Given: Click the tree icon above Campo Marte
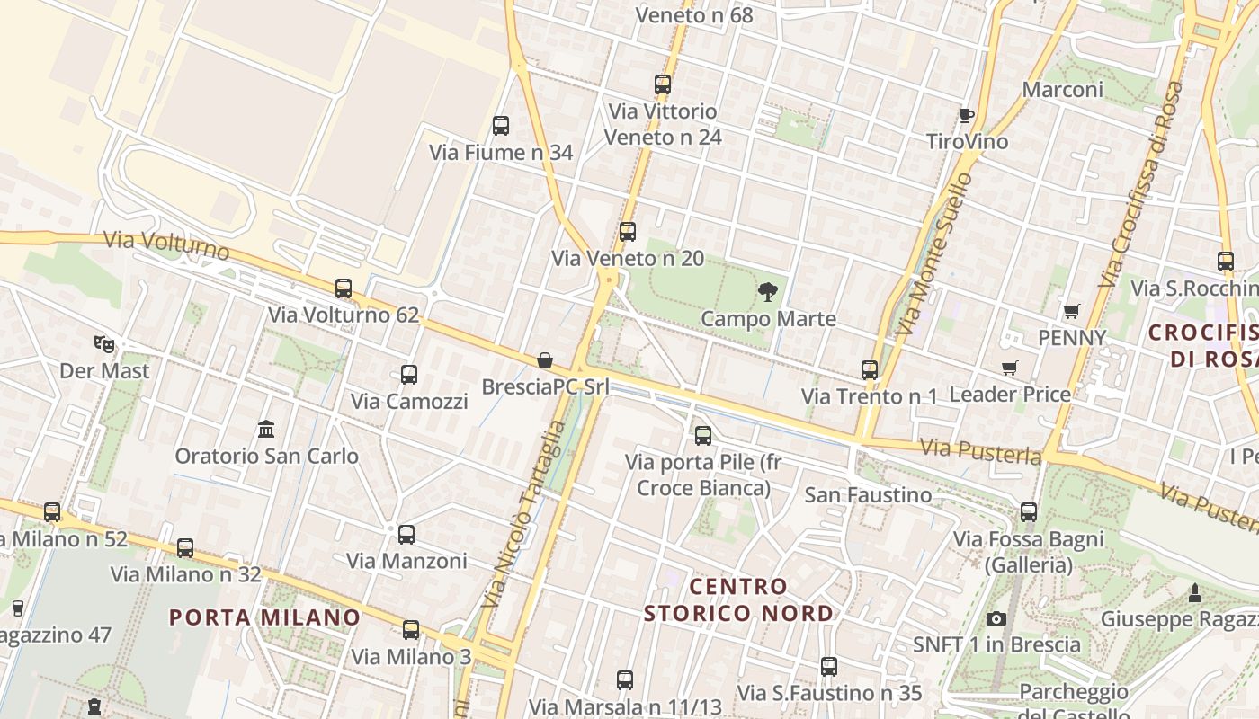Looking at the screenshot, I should pos(767,291).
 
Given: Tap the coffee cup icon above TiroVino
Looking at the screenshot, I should pos(967,115).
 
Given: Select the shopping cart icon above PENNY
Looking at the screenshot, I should pos(1071,311).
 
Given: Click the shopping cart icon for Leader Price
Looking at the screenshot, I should pos(1010,368).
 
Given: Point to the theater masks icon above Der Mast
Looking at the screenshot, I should pos(105,343).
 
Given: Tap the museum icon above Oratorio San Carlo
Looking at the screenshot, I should pos(266,429).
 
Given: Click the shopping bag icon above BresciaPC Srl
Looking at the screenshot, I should pos(545,360).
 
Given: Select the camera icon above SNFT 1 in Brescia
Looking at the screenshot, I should pos(996,618).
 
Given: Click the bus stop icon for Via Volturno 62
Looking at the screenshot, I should pos(344,288).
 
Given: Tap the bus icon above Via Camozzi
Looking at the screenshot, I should pos(409,374).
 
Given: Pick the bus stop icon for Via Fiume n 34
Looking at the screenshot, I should pos(501,126).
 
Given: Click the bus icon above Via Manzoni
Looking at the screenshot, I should pos(406,534).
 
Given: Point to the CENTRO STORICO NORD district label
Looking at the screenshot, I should pos(738,599).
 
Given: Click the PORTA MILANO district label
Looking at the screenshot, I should pos(264,617).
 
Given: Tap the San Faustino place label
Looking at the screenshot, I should pos(868,494).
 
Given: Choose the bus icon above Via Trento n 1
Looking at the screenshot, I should pos(870,369).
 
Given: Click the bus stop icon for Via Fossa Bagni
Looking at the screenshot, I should pos(1029,512).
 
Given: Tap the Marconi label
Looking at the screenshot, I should pos(1063,90).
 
